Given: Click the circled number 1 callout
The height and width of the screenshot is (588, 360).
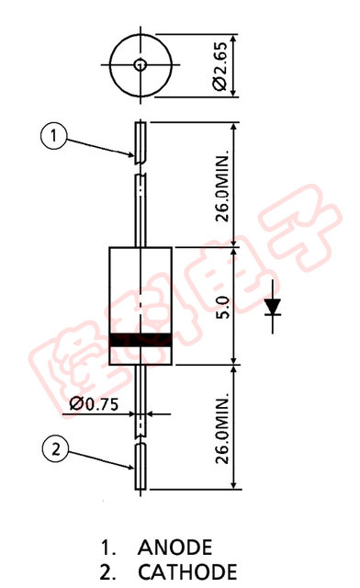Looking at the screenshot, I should [54, 137].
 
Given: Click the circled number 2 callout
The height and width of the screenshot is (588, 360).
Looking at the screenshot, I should [54, 449].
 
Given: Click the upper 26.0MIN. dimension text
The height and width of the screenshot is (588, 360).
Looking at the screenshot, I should [221, 184].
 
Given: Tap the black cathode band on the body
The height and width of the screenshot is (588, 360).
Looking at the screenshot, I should [141, 341].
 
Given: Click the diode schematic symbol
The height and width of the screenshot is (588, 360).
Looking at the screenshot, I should [273, 306].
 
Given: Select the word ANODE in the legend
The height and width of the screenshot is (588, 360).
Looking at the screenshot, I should [175, 548].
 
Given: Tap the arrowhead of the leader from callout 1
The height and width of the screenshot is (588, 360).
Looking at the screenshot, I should [131, 155].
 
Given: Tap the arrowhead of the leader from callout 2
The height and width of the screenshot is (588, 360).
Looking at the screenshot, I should [131, 467].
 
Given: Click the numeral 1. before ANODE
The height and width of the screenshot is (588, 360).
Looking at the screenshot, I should [110, 548].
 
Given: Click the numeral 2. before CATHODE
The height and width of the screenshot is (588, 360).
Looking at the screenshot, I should [110, 571].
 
